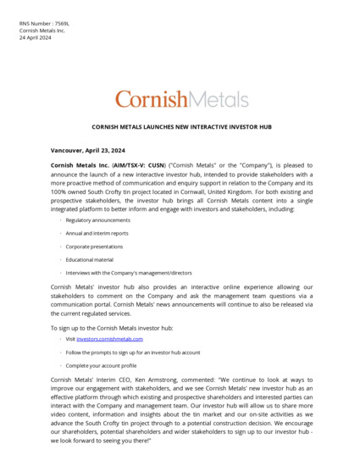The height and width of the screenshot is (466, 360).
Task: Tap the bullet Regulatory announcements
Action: pos(98,220)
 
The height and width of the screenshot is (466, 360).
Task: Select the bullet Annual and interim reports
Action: pos(97,233)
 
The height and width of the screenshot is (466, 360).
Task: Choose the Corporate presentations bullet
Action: pos(96,247)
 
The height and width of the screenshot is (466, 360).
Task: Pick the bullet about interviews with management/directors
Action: pos(128,273)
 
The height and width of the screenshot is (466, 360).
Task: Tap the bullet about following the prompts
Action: pos(132,352)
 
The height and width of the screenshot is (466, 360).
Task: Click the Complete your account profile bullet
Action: pos(101,365)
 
